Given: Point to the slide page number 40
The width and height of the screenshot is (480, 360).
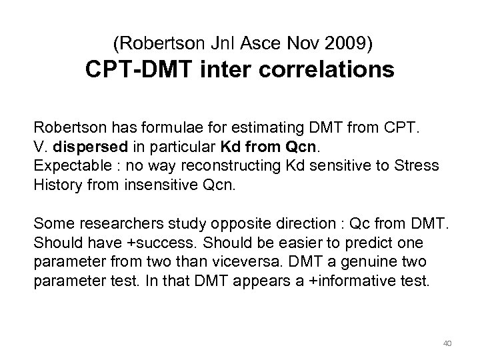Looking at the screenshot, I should (x=447, y=343).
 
